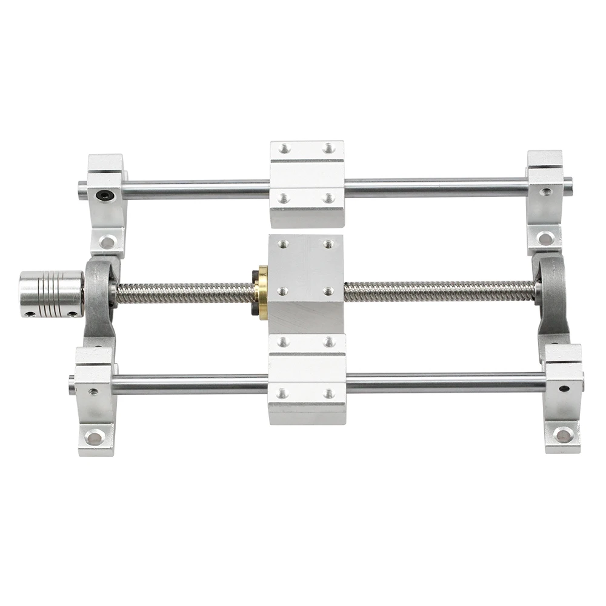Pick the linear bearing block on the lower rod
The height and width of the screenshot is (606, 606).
click(307, 379)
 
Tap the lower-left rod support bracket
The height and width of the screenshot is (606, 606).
click(95, 400)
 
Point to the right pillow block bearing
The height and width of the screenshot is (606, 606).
click(551, 297)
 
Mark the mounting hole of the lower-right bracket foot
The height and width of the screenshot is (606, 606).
click(564, 435)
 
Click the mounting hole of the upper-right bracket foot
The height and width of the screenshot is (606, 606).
click(545, 238)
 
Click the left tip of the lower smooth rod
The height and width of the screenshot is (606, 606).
click(72, 382)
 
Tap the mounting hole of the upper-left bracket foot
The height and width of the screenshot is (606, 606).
click(107, 242)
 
